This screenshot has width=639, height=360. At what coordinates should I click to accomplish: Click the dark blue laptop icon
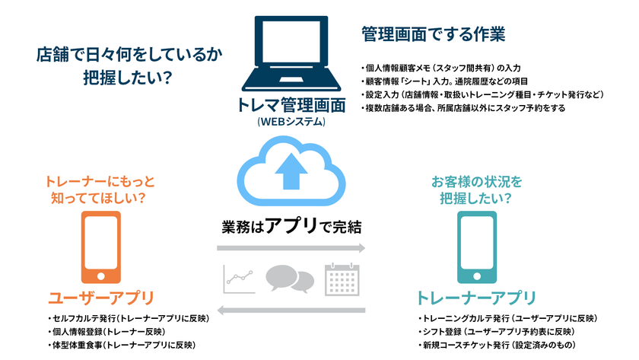pos(291,53)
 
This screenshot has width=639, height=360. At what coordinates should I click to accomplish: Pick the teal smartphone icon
pos(478,248)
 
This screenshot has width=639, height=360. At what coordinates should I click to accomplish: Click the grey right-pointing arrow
pos(291,248)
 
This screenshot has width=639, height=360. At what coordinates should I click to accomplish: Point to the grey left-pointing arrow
pos(291,309)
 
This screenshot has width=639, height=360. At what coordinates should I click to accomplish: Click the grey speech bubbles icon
pos(290,279)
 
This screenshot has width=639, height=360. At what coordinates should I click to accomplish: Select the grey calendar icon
pos(342,279)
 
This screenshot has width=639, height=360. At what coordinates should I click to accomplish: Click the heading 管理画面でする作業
pos(433,34)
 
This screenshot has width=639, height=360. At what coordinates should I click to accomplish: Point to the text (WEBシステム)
pos(291,121)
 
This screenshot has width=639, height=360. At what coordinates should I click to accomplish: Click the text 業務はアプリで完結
pos(291,225)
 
